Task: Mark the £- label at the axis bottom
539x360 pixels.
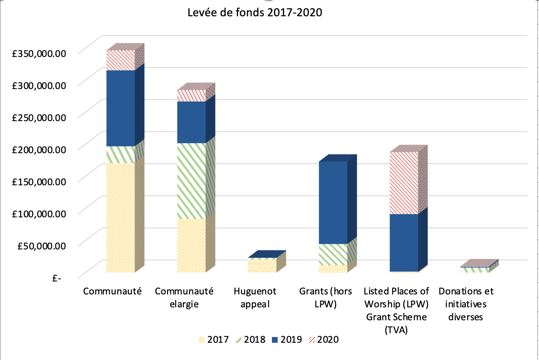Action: [57, 278]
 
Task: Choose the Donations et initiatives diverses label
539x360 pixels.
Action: [466, 304]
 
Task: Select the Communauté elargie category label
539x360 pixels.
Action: [184, 297]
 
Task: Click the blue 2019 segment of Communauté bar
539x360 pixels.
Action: [120, 108]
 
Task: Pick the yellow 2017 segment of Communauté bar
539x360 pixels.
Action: [120, 218]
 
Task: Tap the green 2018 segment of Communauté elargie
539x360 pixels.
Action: [191, 181]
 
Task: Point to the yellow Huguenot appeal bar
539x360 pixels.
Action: [262, 266]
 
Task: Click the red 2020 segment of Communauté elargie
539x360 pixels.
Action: [191, 95]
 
